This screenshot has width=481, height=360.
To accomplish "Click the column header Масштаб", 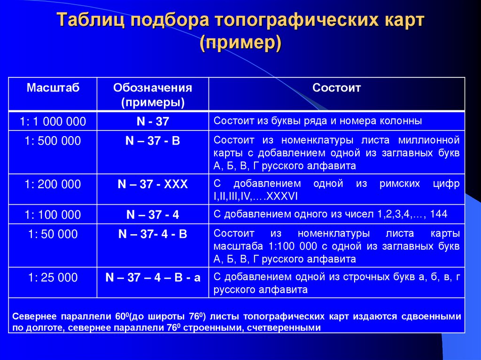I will (53, 88).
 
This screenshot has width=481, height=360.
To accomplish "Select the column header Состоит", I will (337, 88).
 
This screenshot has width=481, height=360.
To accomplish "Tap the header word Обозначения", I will (153, 88).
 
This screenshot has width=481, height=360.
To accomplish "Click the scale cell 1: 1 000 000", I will (53, 122).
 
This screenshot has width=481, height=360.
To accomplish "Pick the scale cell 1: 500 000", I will (53, 141).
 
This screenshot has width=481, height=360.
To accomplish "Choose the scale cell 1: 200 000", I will (53, 184).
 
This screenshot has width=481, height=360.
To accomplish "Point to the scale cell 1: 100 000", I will (53, 215).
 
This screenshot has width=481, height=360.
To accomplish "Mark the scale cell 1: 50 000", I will (53, 234).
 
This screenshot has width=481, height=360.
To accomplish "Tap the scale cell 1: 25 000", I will (53, 277).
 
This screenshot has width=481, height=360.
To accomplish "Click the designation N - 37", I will (153, 122).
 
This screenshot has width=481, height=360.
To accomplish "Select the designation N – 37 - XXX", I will (153, 184).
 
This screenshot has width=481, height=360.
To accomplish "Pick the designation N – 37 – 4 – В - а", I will (153, 277).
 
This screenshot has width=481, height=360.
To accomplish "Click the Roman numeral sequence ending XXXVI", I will (256, 196).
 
